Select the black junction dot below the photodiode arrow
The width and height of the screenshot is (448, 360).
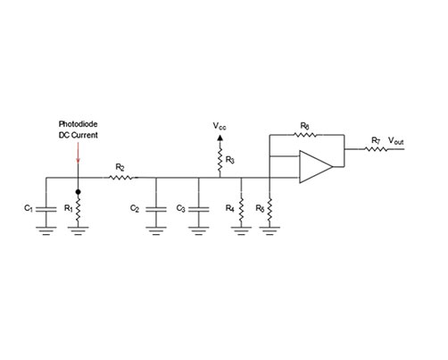click(79, 190)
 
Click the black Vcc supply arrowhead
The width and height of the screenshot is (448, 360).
click(218, 141)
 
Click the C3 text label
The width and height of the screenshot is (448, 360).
click(181, 208)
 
